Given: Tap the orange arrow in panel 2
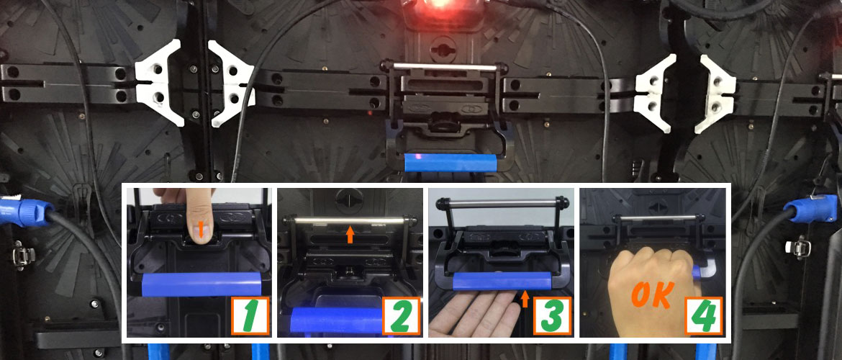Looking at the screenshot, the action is point(350,234).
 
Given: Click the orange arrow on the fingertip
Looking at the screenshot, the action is point(200,230).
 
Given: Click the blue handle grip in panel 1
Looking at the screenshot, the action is point(202,284).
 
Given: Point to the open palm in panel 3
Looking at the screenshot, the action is point(474,313).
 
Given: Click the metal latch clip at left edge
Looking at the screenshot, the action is point(22,254).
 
